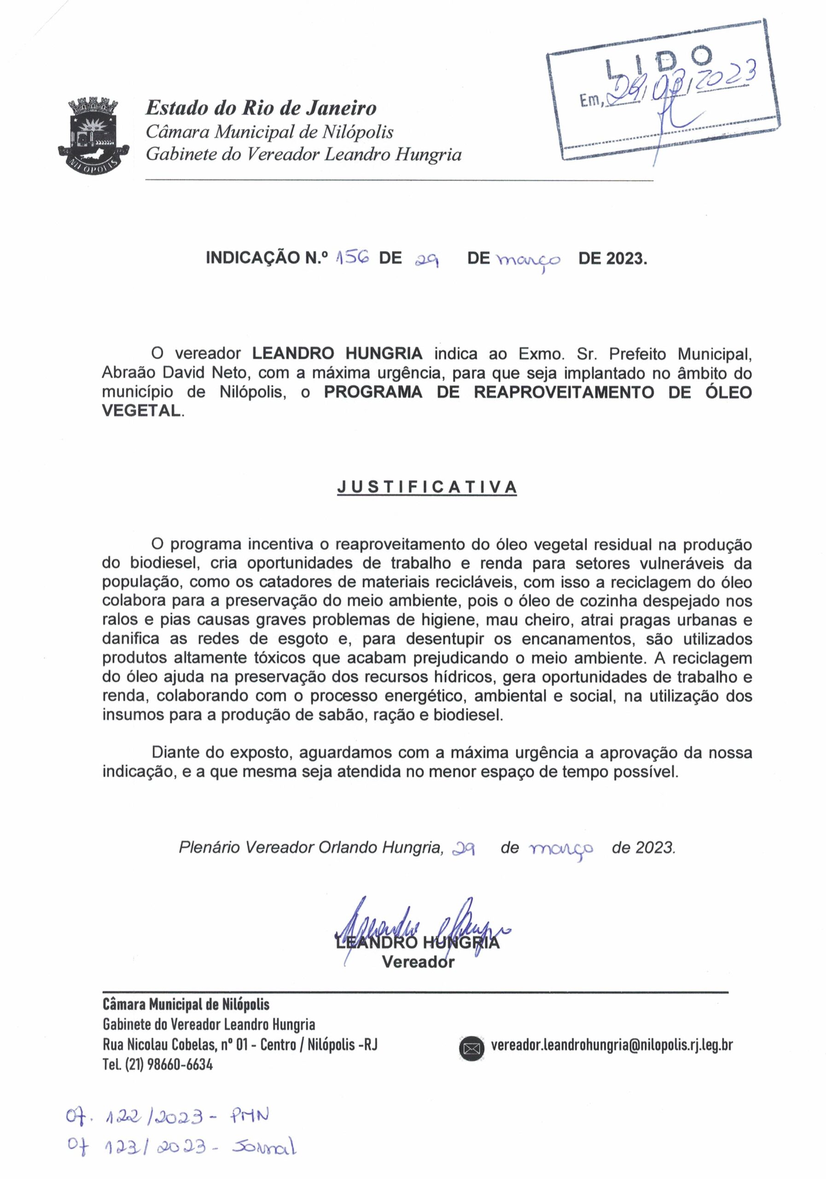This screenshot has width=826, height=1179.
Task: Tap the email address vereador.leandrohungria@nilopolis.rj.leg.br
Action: [x=611, y=1045]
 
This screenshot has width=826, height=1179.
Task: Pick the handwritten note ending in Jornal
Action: [x=182, y=1147]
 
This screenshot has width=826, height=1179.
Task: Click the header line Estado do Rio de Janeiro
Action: [x=261, y=108]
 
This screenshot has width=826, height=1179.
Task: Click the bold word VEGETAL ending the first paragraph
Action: [x=141, y=411]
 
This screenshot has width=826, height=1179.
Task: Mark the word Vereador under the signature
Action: [x=418, y=962]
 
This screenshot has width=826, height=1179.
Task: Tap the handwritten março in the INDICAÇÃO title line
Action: [x=528, y=259]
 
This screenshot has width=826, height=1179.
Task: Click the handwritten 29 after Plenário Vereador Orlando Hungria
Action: [x=463, y=848]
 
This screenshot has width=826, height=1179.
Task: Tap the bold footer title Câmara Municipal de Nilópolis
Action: [x=186, y=1004]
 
